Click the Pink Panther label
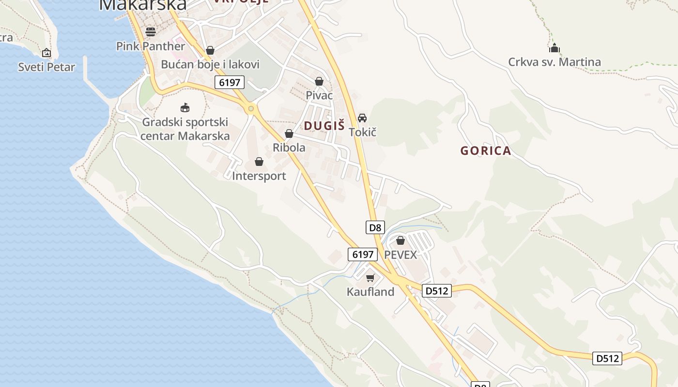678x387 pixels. click(151, 46)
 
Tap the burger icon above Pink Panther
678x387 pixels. click(151, 32)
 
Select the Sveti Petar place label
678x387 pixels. click(46, 67)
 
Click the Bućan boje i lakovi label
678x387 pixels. click(210, 64)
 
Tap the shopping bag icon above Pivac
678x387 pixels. click(319, 81)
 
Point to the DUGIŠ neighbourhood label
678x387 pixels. click(324, 126)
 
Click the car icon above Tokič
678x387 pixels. click(362, 118)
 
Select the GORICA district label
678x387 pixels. click(486, 150)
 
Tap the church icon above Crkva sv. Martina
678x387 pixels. click(555, 48)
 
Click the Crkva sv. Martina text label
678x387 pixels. click(555, 62)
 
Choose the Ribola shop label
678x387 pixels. click(289, 148)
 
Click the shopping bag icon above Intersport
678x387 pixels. click(259, 162)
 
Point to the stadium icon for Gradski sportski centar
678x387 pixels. click(185, 107)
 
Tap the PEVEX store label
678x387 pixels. click(401, 254)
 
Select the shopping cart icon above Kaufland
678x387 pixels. click(370, 278)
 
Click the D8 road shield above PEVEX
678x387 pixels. click(375, 227)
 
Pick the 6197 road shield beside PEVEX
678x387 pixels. click(362, 254)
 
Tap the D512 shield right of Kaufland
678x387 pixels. click(437, 291)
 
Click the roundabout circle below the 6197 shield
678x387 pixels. click(251, 108)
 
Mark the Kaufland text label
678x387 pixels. click(370, 292)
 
